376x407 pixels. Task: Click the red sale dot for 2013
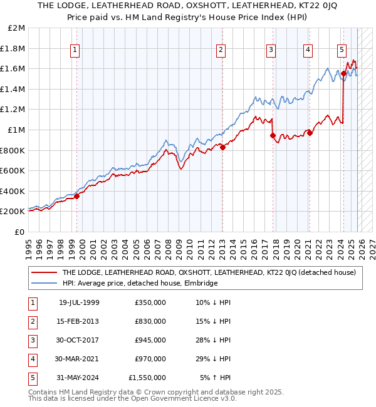[223, 147]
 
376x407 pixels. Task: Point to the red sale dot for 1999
[77, 196]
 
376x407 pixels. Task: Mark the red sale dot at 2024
[343, 74]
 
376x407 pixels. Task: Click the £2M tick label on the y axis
[17, 28]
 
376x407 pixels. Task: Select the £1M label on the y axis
[17, 130]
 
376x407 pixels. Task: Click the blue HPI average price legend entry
[139, 283]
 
